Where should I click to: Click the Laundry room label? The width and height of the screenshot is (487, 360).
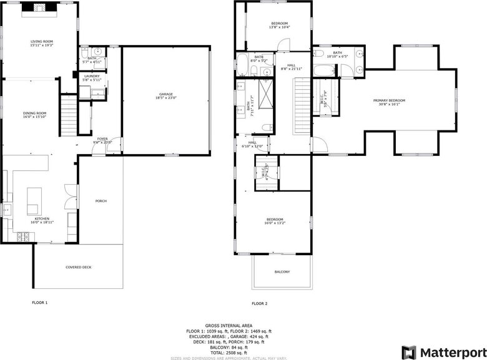(x=92, y=77)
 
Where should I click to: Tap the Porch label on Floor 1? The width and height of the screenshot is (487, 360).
(x=101, y=201)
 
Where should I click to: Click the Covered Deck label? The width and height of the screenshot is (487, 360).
(x=78, y=267)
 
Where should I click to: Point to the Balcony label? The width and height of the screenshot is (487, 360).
(x=282, y=271)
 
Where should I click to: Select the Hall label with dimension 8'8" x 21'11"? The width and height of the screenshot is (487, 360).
(x=291, y=66)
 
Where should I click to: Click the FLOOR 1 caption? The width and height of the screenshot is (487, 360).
(x=40, y=303)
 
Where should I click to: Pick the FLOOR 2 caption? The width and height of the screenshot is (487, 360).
(x=259, y=303)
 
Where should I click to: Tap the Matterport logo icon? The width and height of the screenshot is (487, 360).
(x=409, y=352)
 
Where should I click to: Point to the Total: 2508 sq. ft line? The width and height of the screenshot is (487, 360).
(x=229, y=351)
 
